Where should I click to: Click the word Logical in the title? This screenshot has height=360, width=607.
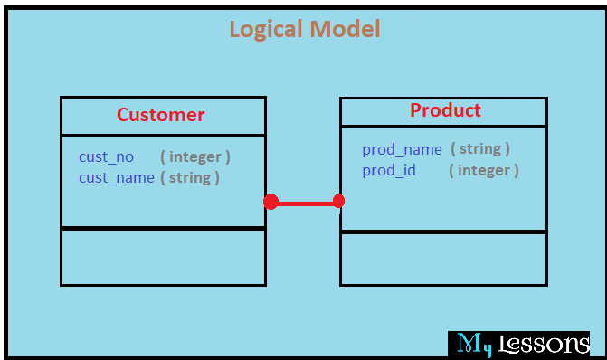pos(265,29)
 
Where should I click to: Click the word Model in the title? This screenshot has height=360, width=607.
pos(345,29)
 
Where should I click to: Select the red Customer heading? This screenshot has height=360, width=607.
pos(161,115)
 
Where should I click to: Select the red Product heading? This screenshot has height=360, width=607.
pos(445,110)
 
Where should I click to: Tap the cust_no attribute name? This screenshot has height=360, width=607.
pos(106,157)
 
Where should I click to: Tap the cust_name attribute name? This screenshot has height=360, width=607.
pos(117,177)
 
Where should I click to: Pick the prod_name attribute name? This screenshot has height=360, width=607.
pos(402,149)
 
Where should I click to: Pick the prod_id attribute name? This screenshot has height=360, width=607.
pos(389,170)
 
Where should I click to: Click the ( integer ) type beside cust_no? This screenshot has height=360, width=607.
pos(195,157)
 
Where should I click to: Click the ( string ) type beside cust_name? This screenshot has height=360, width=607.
pos(190,177)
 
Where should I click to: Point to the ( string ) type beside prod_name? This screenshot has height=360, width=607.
pos(480,148)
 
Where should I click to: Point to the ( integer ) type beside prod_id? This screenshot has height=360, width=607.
pos(484,170)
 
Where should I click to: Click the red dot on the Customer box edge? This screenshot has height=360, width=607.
pos(270,202)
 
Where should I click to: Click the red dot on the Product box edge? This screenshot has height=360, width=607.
pos(338,201)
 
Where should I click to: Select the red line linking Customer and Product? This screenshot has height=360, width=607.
pos(305,203)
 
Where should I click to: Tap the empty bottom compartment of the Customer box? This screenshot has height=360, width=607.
pos(163,258)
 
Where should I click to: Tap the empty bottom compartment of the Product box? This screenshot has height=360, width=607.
pos(443,259)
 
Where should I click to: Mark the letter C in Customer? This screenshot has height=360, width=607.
pos(124,115)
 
